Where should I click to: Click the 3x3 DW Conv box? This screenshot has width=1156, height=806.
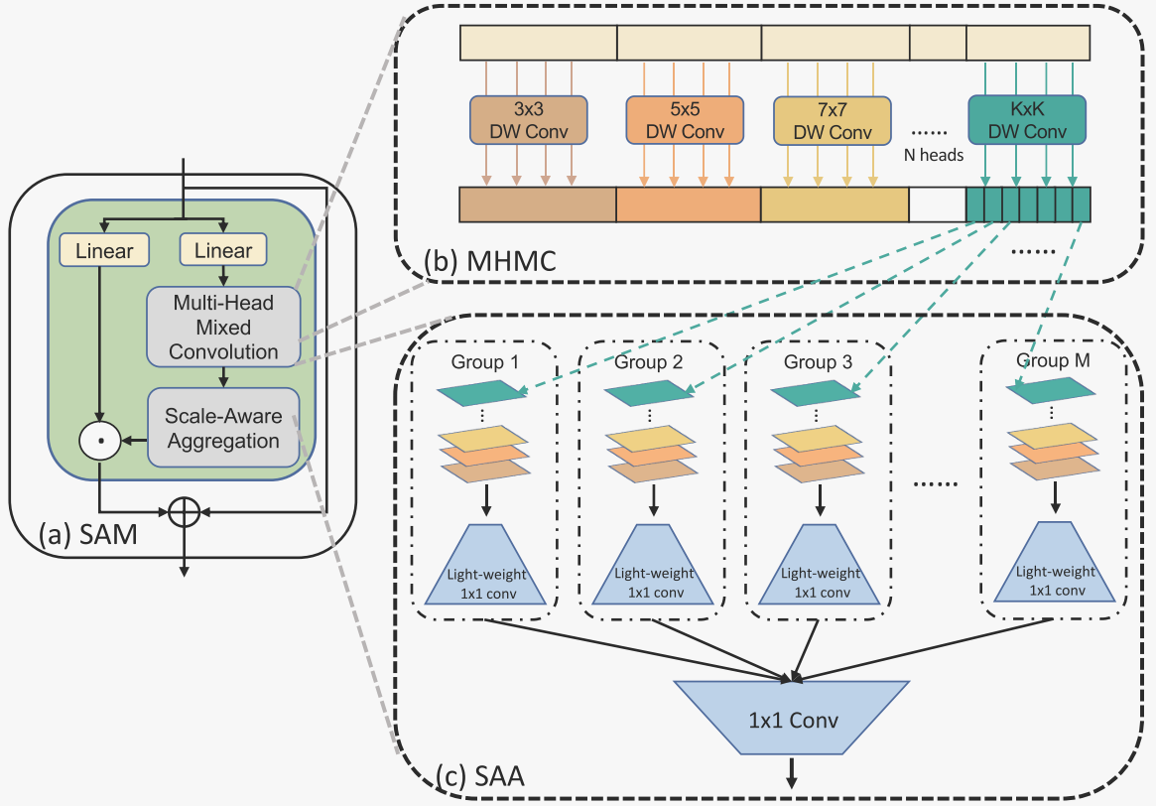pos(529,121)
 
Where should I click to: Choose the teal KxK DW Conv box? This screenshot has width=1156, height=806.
pos(1027,121)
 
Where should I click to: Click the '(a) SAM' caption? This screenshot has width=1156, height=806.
pos(87,537)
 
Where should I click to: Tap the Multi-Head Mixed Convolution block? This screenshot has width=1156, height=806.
pos(223,327)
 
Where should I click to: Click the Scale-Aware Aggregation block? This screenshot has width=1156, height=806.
pos(223,428)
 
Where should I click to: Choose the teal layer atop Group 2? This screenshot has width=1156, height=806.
pos(649,395)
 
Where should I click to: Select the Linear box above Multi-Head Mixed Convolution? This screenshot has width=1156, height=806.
pos(223,251)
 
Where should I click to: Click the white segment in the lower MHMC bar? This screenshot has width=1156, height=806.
pos(937,204)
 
